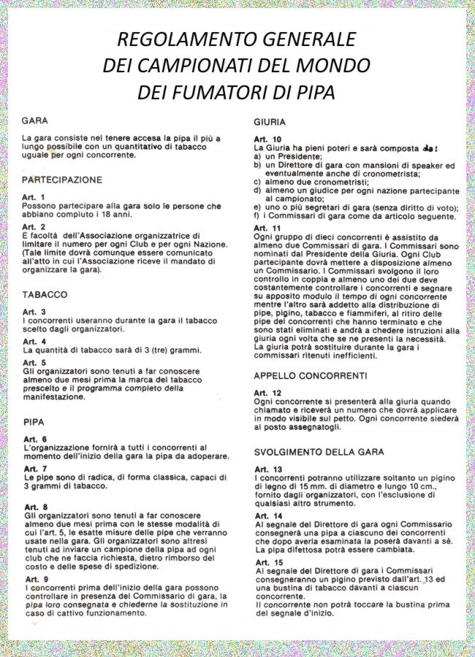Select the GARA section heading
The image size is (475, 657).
tap(36, 120)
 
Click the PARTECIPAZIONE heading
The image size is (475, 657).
tap(62, 180)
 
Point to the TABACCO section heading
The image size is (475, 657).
tap(45, 295)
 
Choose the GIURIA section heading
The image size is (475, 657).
tap(270, 122)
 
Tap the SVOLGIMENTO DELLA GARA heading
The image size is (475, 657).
tap(319, 452)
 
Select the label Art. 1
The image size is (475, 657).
tap(34, 197)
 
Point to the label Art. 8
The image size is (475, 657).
tap(35, 506)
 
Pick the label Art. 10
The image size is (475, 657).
tap(267, 139)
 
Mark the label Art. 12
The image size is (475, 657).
tap(267, 393)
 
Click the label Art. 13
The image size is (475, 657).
tap(267, 469)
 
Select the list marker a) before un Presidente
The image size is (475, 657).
tap(258, 157)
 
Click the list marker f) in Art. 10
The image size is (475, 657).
tap(257, 217)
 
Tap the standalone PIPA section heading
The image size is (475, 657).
tap(34, 421)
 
